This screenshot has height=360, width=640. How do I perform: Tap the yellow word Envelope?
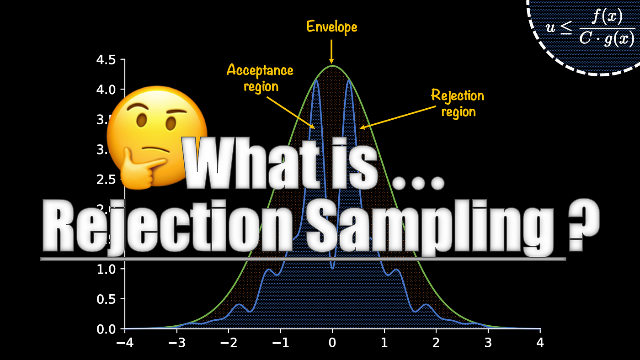pos(331,27)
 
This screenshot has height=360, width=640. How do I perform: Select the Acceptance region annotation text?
pos(260,78)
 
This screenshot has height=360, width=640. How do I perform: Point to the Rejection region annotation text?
pos(458,103)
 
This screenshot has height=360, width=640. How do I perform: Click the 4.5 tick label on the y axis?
pos(106,60)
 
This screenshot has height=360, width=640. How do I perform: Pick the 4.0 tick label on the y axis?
pos(106,90)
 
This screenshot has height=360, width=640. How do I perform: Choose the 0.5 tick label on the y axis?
pos(106,299)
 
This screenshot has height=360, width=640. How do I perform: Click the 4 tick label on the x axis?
pos(540,343)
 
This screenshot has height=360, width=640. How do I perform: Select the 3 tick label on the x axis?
pos(488,343)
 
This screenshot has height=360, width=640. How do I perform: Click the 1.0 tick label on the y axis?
pos(106,269)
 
